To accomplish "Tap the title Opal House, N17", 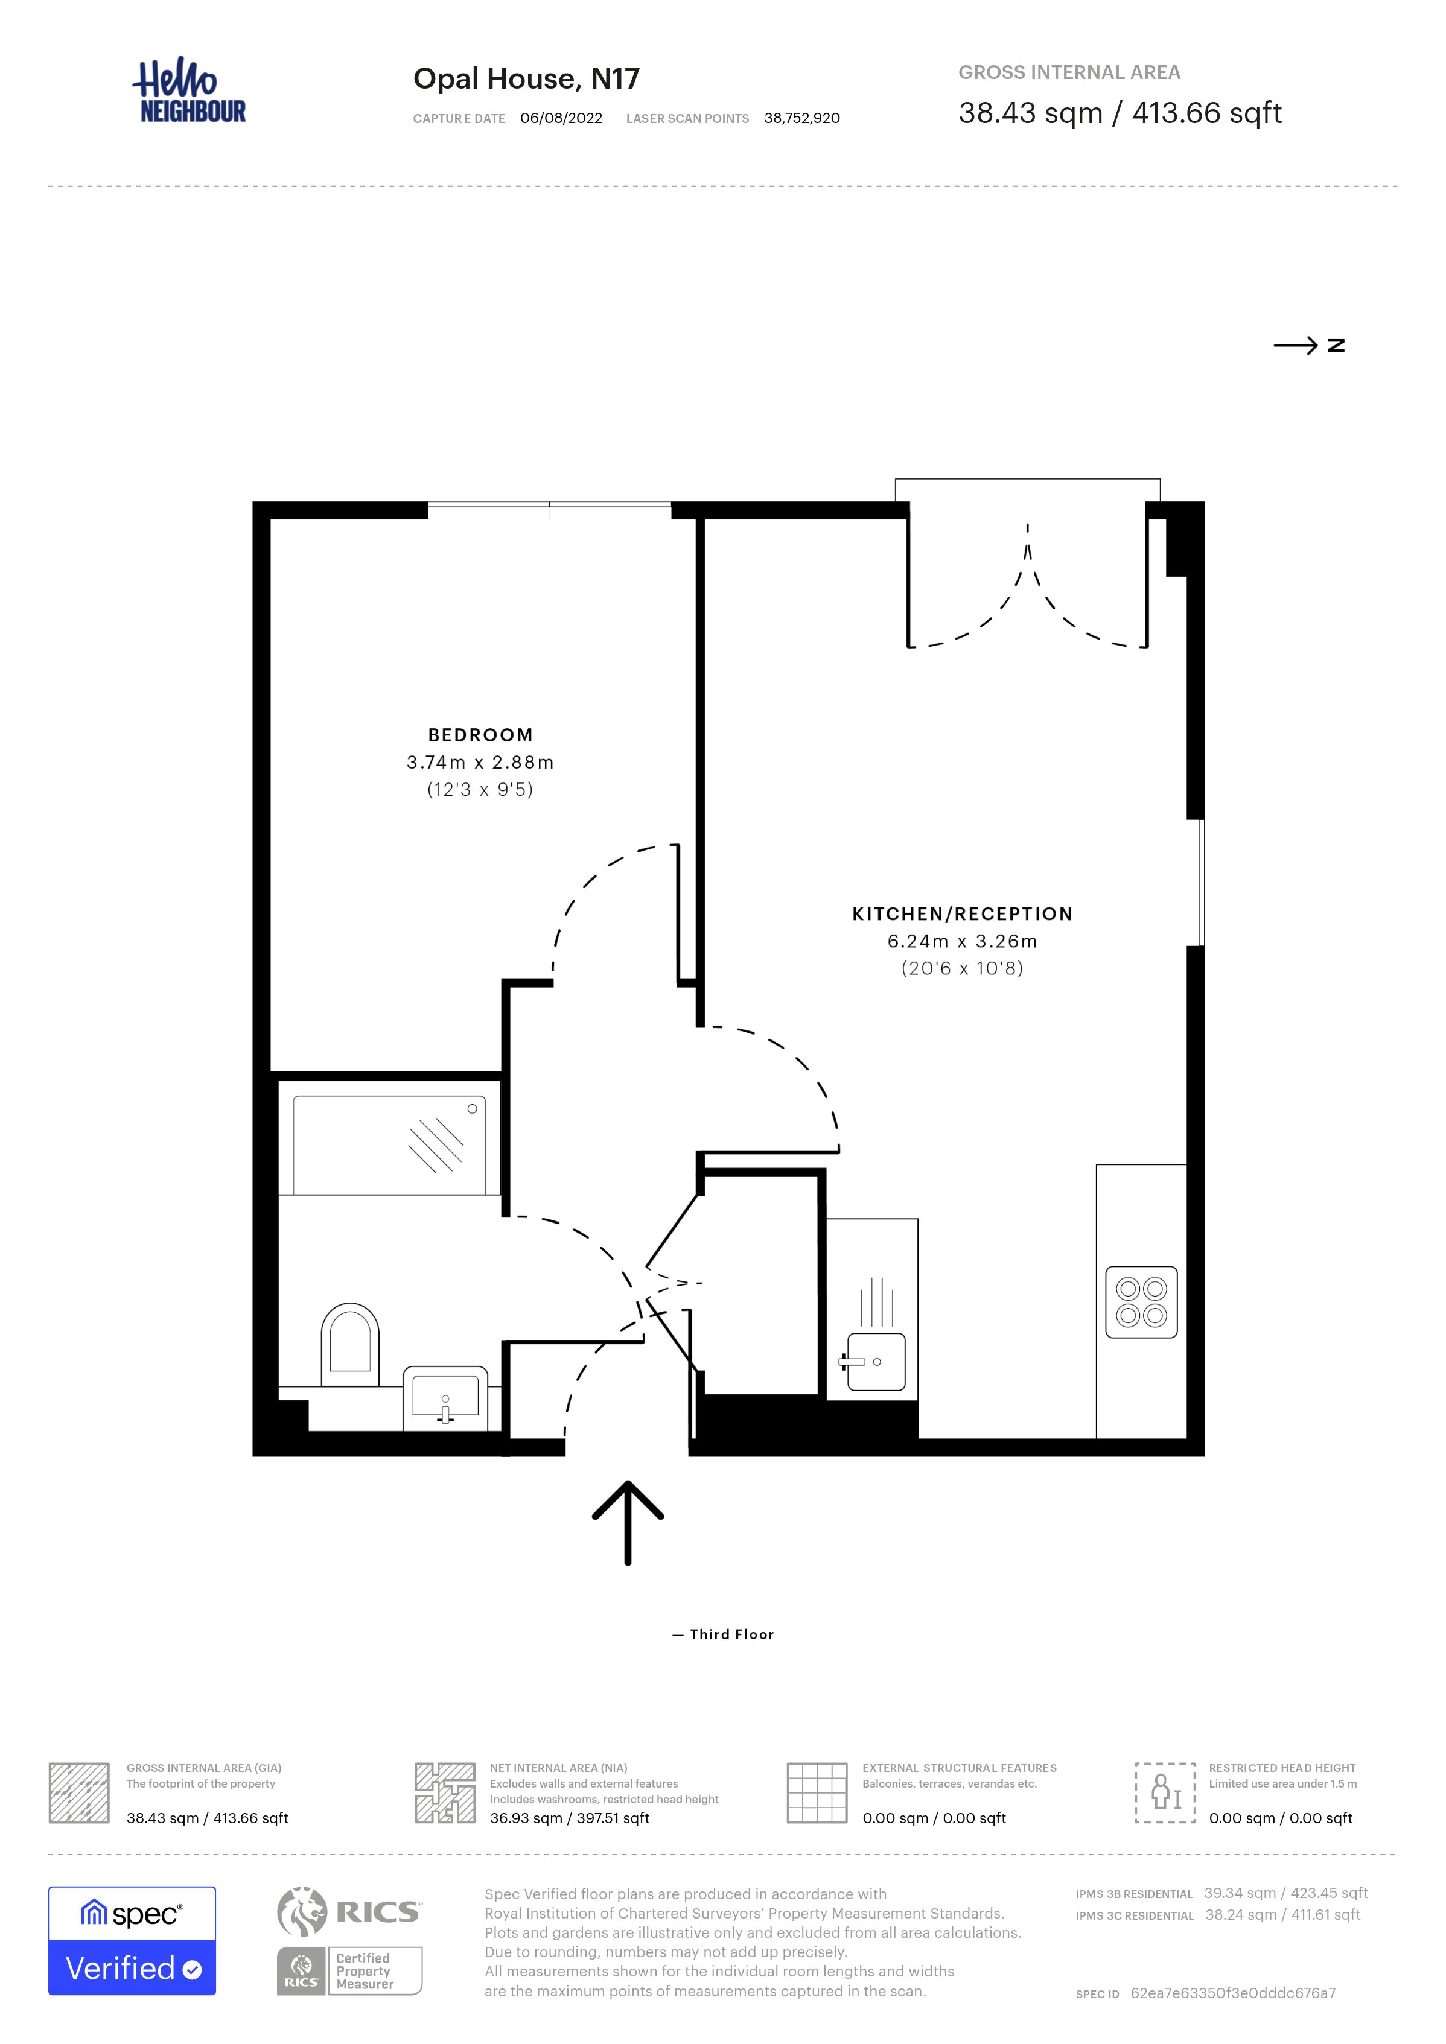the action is coord(526,78).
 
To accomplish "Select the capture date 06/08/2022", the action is coord(561,118).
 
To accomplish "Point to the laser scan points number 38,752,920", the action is coord(801,118).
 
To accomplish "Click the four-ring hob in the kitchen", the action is coord(1141,1303).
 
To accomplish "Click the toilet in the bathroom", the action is coord(350,1344).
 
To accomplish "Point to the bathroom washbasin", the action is coord(445,1398).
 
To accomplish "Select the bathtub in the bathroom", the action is coord(389,1145).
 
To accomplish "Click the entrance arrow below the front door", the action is coord(628,1523).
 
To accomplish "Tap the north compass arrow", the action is coord(1296,346).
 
